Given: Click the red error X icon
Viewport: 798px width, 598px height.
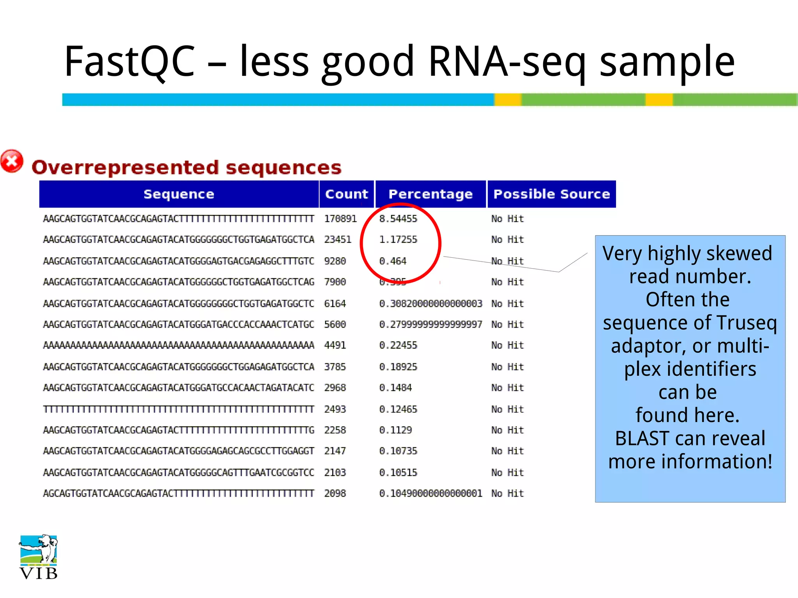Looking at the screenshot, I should pos(12,161).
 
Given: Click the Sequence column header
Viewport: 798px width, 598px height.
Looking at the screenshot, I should pos(179,194).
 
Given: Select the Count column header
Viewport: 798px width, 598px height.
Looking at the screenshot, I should pos(346,194).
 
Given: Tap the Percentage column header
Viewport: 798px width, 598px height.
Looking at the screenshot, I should pos(431,194).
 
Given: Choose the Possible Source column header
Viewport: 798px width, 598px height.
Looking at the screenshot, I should pos(551,194).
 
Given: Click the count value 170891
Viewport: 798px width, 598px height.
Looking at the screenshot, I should pos(340,219).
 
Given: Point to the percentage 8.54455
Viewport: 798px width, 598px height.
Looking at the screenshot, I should pos(398,219).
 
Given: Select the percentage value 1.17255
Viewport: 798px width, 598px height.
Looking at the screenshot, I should pos(398,239).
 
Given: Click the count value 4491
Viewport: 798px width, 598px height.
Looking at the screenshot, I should pos(335,345).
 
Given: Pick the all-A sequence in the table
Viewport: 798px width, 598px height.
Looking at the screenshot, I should pos(178,345).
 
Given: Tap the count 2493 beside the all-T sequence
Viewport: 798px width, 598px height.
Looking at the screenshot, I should pos(335,409).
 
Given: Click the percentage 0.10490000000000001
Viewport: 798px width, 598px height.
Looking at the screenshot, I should pos(431,494).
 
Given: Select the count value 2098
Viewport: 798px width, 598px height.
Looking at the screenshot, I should pos(335,494).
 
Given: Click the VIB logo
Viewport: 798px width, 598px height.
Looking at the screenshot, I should pos(38,557).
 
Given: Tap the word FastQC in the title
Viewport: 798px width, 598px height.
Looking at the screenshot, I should pos(130,61).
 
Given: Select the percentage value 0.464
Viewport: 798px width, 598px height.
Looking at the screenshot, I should pos(392,261).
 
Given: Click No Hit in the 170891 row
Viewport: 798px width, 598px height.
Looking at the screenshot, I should pos(507,219).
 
